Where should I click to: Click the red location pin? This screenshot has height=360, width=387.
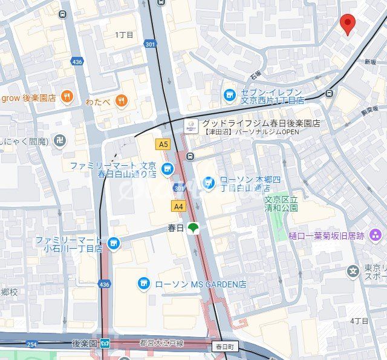[348, 24]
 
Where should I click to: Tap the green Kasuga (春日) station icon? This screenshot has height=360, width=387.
[192, 228]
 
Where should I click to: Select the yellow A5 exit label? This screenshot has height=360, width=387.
[163, 144]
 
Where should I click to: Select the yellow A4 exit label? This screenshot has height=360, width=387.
[178, 206]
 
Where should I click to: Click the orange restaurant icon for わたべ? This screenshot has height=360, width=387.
[122, 100]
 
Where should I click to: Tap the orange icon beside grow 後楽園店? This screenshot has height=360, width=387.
[67, 97]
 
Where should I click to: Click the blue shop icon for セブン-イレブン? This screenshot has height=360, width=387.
[229, 94]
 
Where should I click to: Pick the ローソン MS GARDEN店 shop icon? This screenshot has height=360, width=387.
[143, 283]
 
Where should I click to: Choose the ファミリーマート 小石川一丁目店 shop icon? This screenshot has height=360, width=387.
[112, 243]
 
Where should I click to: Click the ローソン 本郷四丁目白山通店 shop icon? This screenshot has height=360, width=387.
[209, 181]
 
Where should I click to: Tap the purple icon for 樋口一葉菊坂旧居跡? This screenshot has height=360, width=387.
[376, 235]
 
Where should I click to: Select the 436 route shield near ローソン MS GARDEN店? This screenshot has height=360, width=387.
[105, 284]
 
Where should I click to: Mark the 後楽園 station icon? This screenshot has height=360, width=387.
[105, 343]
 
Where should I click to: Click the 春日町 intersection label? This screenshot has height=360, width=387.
[226, 347]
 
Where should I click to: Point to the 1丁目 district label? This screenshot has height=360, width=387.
[124, 35]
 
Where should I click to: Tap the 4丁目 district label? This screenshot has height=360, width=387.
[359, 320]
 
